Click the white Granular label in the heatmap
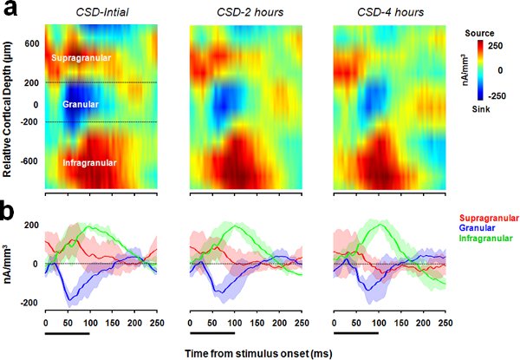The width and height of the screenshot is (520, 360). pos(81,105)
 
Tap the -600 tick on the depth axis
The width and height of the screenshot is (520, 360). pos(29,161)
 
